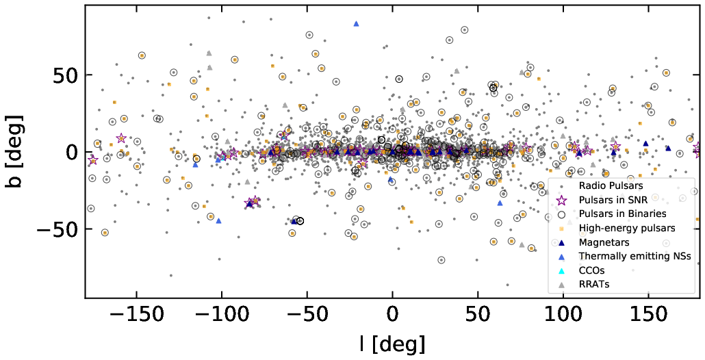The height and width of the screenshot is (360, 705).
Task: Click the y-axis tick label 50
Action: point(63,75)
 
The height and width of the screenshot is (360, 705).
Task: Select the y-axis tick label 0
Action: point(71,152)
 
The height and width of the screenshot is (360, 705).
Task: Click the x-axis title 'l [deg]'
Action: point(392,342)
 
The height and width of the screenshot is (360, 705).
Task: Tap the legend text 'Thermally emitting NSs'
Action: point(634,256)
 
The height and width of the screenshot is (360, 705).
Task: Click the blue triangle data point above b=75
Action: point(356,24)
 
